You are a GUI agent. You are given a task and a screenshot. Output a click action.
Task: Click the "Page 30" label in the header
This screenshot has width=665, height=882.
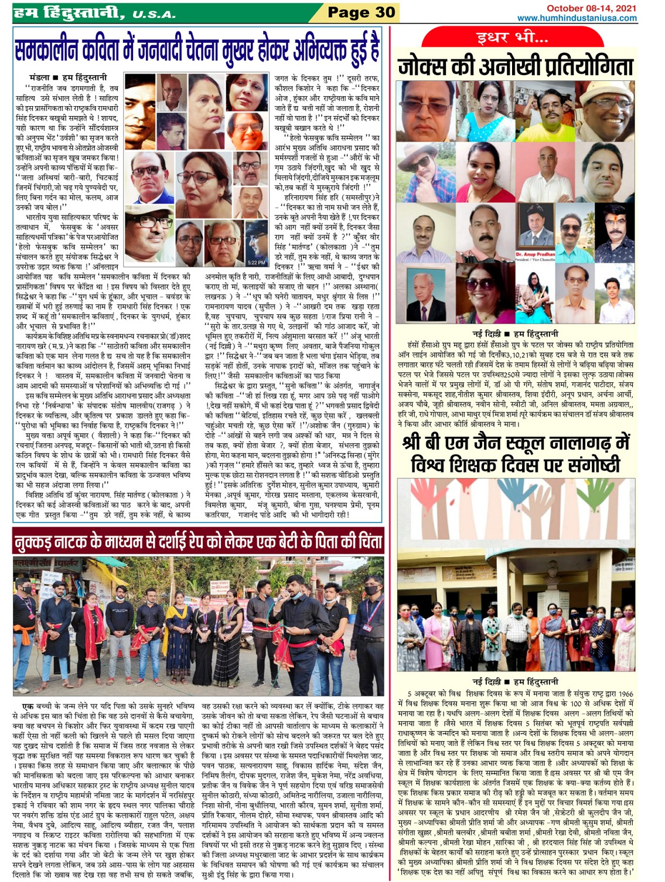click(x=361, y=12)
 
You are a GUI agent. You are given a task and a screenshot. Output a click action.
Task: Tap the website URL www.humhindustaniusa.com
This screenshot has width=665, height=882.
click(x=577, y=18)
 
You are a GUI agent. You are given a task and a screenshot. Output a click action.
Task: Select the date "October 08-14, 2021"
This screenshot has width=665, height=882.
click(x=591, y=8)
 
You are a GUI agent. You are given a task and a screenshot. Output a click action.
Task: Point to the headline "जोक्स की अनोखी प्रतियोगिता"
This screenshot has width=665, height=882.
click(x=516, y=66)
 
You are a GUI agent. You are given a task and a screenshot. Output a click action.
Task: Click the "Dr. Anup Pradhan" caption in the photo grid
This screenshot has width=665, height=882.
click(x=535, y=255)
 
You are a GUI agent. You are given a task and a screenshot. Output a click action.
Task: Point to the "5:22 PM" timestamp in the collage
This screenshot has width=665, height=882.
click(x=256, y=262)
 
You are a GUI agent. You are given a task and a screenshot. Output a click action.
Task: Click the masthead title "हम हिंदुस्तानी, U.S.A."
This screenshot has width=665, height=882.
click(x=94, y=12)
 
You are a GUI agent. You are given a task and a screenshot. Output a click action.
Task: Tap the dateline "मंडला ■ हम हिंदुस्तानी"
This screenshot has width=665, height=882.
click(x=68, y=77)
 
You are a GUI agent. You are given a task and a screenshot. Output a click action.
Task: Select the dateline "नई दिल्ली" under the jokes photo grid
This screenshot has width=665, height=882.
click(x=486, y=333)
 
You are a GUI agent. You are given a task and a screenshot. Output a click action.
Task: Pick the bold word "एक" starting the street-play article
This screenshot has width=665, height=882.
click(x=27, y=706)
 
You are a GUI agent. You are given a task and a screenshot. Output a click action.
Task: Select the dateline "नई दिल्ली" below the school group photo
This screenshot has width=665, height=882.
click(x=486, y=681)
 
